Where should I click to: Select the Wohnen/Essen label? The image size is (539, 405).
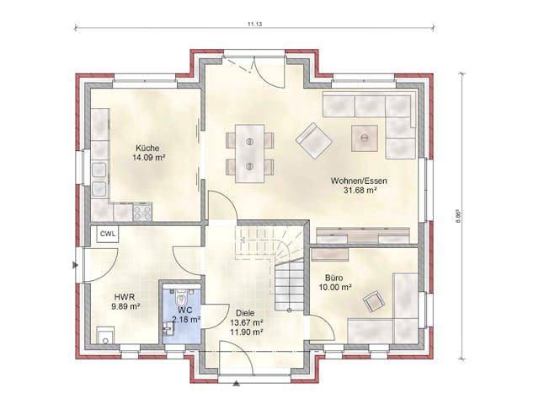click(359, 180)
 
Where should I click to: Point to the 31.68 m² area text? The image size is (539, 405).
click(359, 191)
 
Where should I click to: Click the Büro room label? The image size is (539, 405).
click(334, 276)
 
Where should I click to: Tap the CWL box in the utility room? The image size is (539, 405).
click(109, 234)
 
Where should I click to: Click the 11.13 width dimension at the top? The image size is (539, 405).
click(254, 24)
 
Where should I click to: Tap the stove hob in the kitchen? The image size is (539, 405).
click(141, 212)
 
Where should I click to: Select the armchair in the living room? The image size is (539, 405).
click(313, 140)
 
